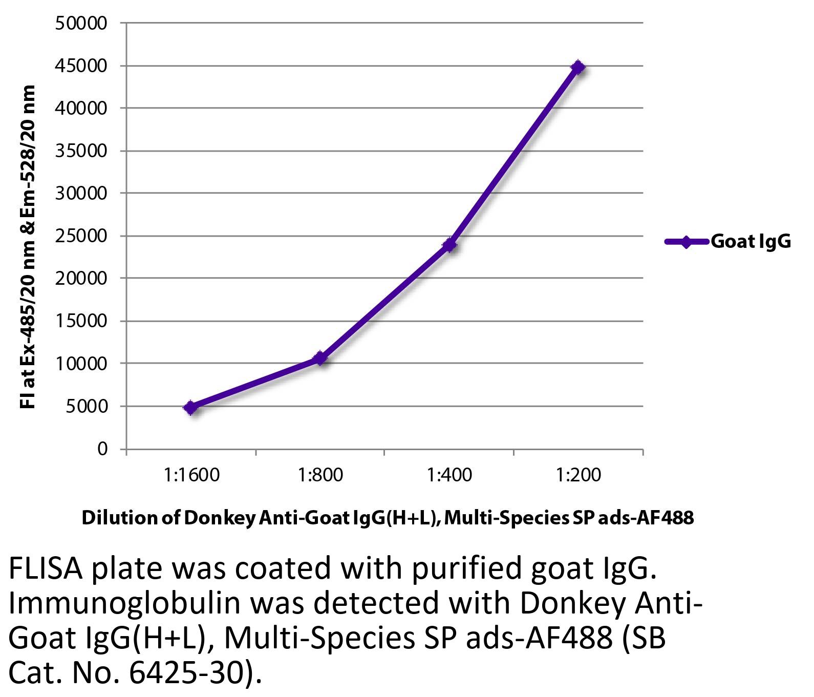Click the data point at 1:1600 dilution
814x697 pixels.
click(x=191, y=408)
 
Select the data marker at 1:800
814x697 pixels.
click(x=320, y=358)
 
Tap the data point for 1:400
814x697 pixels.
click(x=449, y=245)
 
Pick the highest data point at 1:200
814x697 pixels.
click(x=578, y=67)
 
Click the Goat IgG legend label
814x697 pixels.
click(x=751, y=241)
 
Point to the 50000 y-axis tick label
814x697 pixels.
click(x=82, y=23)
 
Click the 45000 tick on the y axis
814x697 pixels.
click(x=82, y=66)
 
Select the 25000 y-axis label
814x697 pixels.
click(x=82, y=236)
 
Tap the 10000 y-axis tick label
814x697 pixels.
click(x=82, y=364)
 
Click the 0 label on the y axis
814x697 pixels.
click(x=102, y=449)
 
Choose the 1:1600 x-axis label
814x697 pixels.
click(x=191, y=475)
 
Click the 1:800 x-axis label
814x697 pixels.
click(x=320, y=475)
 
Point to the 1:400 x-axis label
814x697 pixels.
click(x=449, y=475)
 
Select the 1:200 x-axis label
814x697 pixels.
click(x=579, y=475)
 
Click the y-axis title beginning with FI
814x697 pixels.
click(x=29, y=247)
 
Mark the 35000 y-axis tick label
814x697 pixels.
click(x=82, y=151)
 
